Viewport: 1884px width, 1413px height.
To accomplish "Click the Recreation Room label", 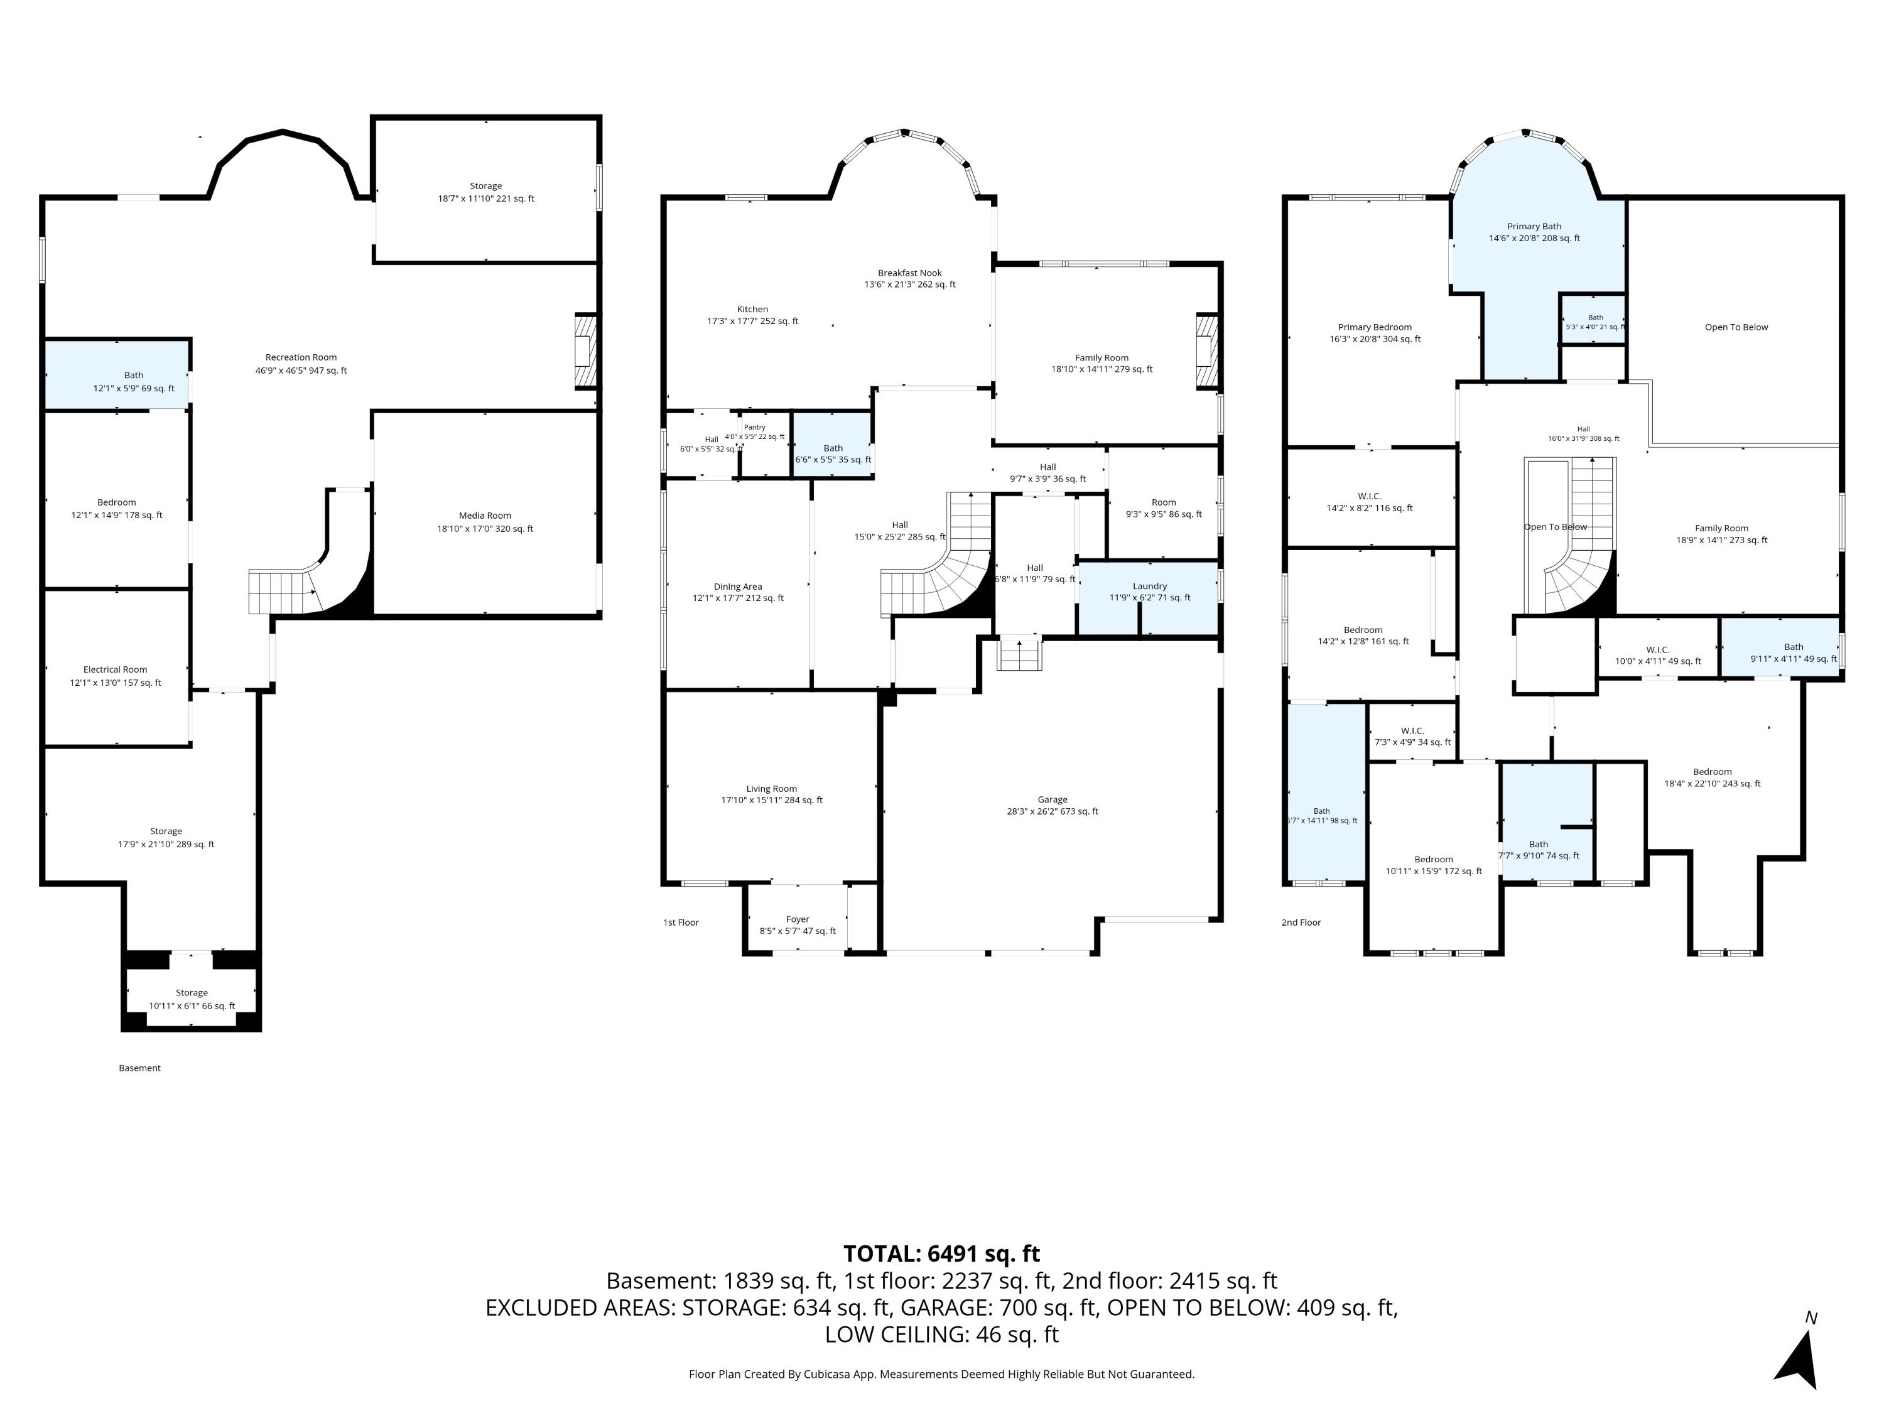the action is point(301,358).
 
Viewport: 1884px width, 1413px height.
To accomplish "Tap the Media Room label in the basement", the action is point(485,516).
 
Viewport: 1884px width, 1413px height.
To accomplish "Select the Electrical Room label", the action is point(115,669).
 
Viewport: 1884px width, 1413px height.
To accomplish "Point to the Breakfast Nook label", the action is point(909,273).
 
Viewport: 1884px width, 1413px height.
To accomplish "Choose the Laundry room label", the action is point(1150,586).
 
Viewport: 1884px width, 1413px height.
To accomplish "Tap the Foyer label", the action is point(797,919).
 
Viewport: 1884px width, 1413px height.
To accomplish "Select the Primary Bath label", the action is point(1534,227).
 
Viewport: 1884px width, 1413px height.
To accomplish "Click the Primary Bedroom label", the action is point(1375,327).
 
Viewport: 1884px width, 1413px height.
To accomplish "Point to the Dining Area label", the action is point(738,587).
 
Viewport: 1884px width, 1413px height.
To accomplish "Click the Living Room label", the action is point(772,789).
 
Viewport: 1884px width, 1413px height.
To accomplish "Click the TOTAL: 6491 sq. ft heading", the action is point(941,1253).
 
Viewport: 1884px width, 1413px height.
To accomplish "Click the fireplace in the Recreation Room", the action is point(587,352).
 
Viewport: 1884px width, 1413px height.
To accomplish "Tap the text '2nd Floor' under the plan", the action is point(1301,923).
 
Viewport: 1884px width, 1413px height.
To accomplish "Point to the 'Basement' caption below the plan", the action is point(139,1068).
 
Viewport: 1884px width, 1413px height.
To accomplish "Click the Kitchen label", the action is point(752,309).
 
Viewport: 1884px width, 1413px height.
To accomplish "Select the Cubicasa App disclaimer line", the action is point(941,1374).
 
